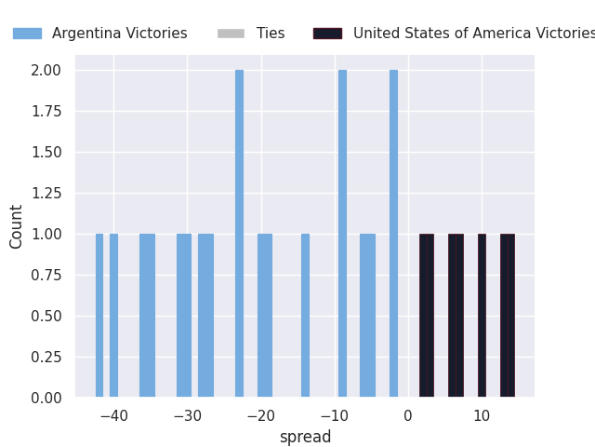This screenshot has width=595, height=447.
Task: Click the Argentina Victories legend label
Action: [x=119, y=34]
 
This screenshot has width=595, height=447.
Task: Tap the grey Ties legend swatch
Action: [x=231, y=34]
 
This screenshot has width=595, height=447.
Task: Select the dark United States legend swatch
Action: [x=327, y=34]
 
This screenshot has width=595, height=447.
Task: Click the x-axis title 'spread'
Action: [x=305, y=437]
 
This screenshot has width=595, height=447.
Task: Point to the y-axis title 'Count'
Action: [x=17, y=226]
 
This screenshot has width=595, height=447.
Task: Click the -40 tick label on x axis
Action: [x=113, y=415]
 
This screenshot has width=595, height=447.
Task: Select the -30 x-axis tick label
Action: [x=187, y=415]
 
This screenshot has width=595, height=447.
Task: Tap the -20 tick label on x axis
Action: [x=260, y=415]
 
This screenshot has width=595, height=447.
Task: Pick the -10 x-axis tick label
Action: [x=334, y=415]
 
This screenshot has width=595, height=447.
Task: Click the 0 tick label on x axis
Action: [x=407, y=415]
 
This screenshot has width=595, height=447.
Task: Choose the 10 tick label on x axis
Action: [x=481, y=415]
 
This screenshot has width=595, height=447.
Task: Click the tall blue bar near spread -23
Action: [x=239, y=233]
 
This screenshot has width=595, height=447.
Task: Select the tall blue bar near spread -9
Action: [x=342, y=233]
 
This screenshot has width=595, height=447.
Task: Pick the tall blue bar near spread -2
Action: [x=393, y=233]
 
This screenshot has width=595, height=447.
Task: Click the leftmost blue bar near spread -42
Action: [x=99, y=317]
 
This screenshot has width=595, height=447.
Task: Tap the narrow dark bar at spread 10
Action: [x=482, y=317]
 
